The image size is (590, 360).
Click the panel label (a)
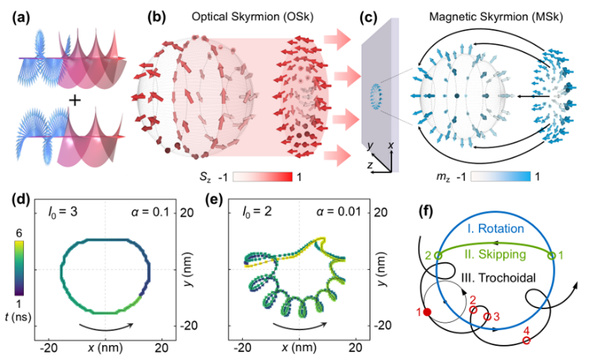[x=21, y=18]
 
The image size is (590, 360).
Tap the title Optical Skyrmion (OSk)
[x=252, y=16]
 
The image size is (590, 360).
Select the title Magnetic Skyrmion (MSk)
[x=496, y=16]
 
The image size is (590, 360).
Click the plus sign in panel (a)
[x=75, y=100]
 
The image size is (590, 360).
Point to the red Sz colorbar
[x=262, y=176]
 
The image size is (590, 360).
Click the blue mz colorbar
[x=500, y=176]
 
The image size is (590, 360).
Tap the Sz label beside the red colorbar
[x=205, y=177]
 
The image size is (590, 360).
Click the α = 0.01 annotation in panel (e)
[x=338, y=212]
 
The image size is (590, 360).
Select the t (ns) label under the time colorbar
[x=18, y=317]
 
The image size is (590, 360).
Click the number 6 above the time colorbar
[x=19, y=233]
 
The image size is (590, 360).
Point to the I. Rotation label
[x=495, y=229]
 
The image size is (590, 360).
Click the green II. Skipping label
[x=495, y=254]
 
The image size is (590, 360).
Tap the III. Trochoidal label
[x=498, y=278]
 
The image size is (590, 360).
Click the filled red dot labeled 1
[x=427, y=312]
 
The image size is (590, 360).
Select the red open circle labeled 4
[x=526, y=341]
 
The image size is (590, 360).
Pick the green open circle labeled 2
[x=438, y=255]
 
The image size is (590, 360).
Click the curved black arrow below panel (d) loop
[x=106, y=329]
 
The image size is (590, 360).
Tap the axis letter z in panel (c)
[x=370, y=164]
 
